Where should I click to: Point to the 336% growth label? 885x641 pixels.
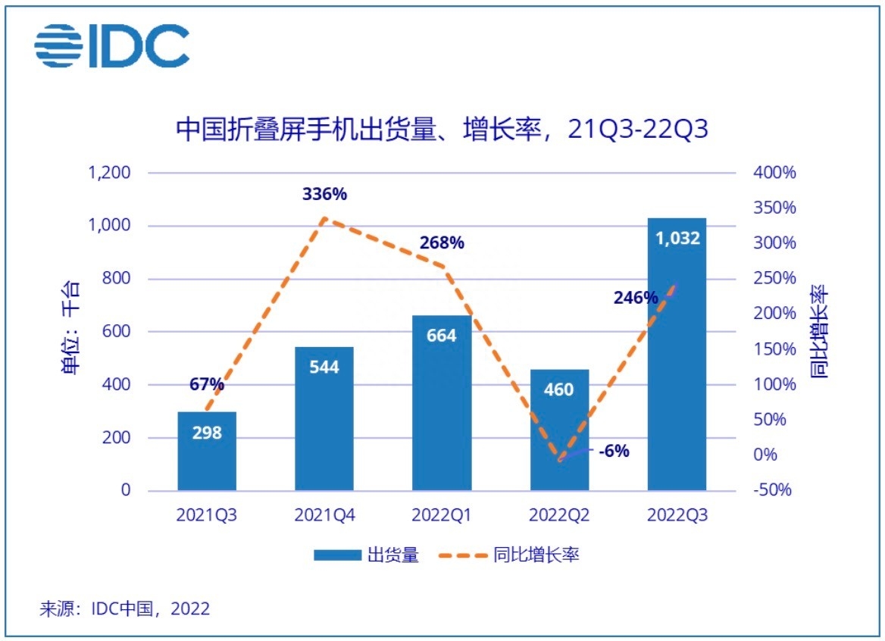(324, 194)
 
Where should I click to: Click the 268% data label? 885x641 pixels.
(442, 243)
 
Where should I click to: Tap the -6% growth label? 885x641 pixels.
(614, 452)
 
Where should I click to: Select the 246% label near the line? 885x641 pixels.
(636, 298)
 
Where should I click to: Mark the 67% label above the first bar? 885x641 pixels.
(207, 384)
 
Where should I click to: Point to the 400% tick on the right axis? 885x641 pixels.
(774, 173)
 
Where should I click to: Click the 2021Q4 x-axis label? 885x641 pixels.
(324, 515)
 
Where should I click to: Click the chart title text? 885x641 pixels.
(442, 129)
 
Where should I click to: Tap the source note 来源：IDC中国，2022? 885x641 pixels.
(125, 608)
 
